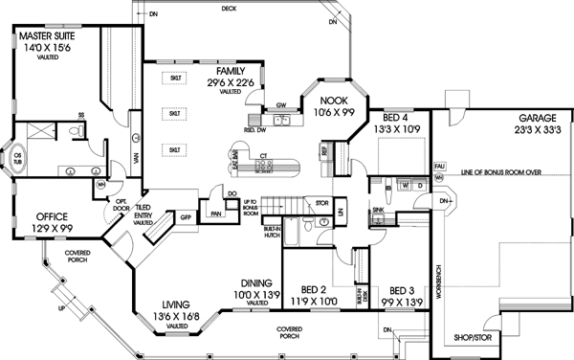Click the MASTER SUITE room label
[x=42, y=36]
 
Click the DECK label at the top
[x=229, y=8]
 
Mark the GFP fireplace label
[x=187, y=217]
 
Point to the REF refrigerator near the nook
[x=325, y=150]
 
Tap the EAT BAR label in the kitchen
[x=235, y=158]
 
